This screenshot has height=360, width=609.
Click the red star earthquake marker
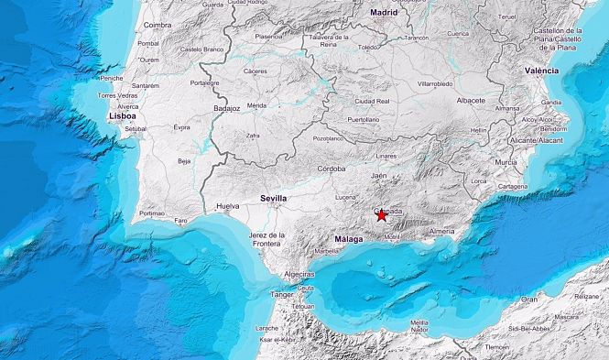click(381, 215)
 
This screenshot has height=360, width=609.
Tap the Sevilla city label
click(273, 198)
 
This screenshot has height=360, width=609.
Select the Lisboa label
click(122, 116)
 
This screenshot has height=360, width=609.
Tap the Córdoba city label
click(330, 169)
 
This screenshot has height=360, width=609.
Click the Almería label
click(442, 232)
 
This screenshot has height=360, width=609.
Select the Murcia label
click(506, 161)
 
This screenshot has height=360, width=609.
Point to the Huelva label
click(227, 207)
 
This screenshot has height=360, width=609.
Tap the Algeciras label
click(299, 274)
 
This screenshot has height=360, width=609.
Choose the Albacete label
click(470, 99)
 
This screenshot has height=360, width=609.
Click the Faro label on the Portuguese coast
click(181, 220)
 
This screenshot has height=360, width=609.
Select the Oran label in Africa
click(529, 299)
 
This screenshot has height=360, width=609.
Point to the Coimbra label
click(157, 25)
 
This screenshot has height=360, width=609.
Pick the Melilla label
click(419, 322)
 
